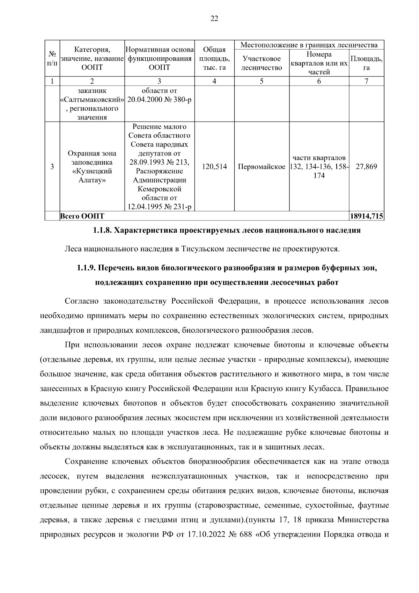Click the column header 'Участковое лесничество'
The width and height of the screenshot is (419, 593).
pyautogui.click(x=262, y=63)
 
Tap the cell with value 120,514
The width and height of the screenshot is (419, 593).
pyautogui.click(x=214, y=167)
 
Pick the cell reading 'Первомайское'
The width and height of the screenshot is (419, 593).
pyautogui.click(x=262, y=167)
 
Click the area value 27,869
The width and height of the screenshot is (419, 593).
pyautogui.click(x=366, y=167)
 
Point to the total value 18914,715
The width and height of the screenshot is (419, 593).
pyautogui.click(x=366, y=216)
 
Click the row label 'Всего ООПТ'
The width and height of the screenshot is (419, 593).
pyautogui.click(x=82, y=216)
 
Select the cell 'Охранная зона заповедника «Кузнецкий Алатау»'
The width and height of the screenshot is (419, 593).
pyautogui.click(x=92, y=167)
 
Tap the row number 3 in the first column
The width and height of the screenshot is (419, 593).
pyautogui.click(x=52, y=167)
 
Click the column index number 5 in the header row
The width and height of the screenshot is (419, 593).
pyautogui.click(x=262, y=81)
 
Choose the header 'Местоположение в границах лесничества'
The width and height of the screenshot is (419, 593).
pyautogui.click(x=309, y=45)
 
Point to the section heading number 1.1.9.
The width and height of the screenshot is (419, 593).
pyautogui.click(x=86, y=268)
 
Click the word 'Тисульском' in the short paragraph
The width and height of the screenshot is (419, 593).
pyautogui.click(x=203, y=249)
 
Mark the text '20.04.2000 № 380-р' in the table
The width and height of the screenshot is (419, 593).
pyautogui.click(x=159, y=100)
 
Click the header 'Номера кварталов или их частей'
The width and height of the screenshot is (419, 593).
pyautogui.click(x=319, y=63)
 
